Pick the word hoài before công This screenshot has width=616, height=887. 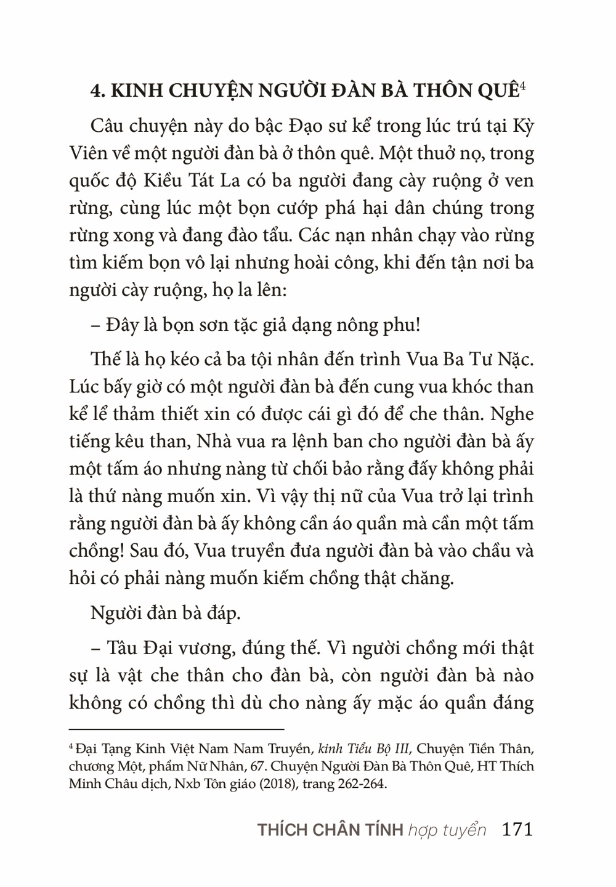(339, 262)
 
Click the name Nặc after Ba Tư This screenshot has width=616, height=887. (513, 359)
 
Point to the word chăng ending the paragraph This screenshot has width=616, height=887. (431, 577)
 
